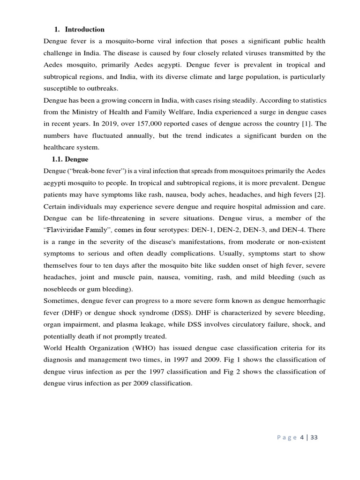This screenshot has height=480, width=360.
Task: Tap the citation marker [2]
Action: tap(320, 194)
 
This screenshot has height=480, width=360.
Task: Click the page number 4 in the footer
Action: tap(302, 437)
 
